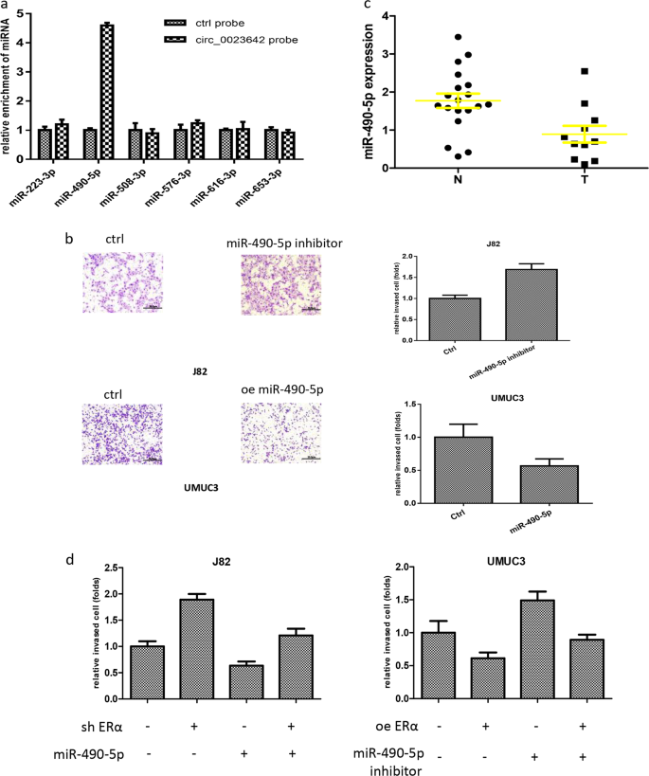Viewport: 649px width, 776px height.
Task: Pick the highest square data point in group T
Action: click(x=586, y=71)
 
